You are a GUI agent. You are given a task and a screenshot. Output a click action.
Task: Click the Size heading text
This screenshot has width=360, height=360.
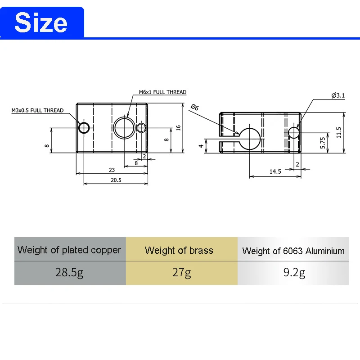point(41,22)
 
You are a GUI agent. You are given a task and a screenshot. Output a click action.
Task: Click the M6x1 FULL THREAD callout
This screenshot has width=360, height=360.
point(162,92)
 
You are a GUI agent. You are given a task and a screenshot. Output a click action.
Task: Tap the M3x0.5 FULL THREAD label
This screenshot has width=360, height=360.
point(37,110)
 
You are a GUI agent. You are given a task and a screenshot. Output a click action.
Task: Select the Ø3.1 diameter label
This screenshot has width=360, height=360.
point(338,95)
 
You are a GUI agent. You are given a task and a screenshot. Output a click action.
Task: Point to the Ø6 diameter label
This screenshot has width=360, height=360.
point(195,107)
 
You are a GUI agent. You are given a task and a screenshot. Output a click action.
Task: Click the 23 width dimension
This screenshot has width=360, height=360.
point(112,170)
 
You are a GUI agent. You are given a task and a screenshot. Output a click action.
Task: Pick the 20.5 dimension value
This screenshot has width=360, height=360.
point(116,180)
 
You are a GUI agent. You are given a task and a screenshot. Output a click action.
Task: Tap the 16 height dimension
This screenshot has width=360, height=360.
point(178,128)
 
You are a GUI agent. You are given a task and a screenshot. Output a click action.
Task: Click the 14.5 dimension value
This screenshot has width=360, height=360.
point(275,171)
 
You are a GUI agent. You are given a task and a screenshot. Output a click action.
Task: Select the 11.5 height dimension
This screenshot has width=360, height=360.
point(339,132)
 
